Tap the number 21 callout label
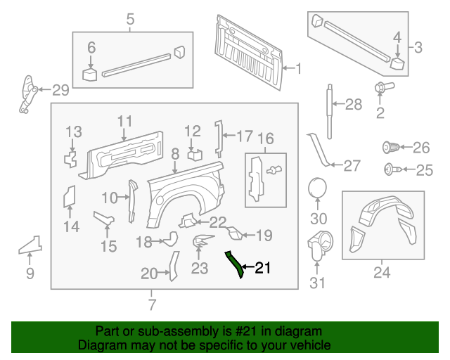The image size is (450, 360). pyautogui.click(x=262, y=268)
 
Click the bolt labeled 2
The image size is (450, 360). pyautogui.click(x=382, y=89)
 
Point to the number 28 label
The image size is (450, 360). pyautogui.click(x=354, y=105)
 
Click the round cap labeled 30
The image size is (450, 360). pyautogui.click(x=318, y=189)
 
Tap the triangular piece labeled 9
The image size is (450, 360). pyautogui.click(x=31, y=244)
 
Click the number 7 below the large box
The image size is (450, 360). pyautogui.click(x=152, y=305)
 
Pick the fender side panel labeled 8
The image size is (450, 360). pyautogui.click(x=186, y=197)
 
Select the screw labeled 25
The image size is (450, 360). pyautogui.click(x=389, y=169)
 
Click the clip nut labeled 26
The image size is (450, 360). pyautogui.click(x=391, y=148)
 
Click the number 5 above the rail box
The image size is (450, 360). pyautogui.click(x=130, y=20)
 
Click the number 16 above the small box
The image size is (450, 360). pyautogui.click(x=265, y=138)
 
